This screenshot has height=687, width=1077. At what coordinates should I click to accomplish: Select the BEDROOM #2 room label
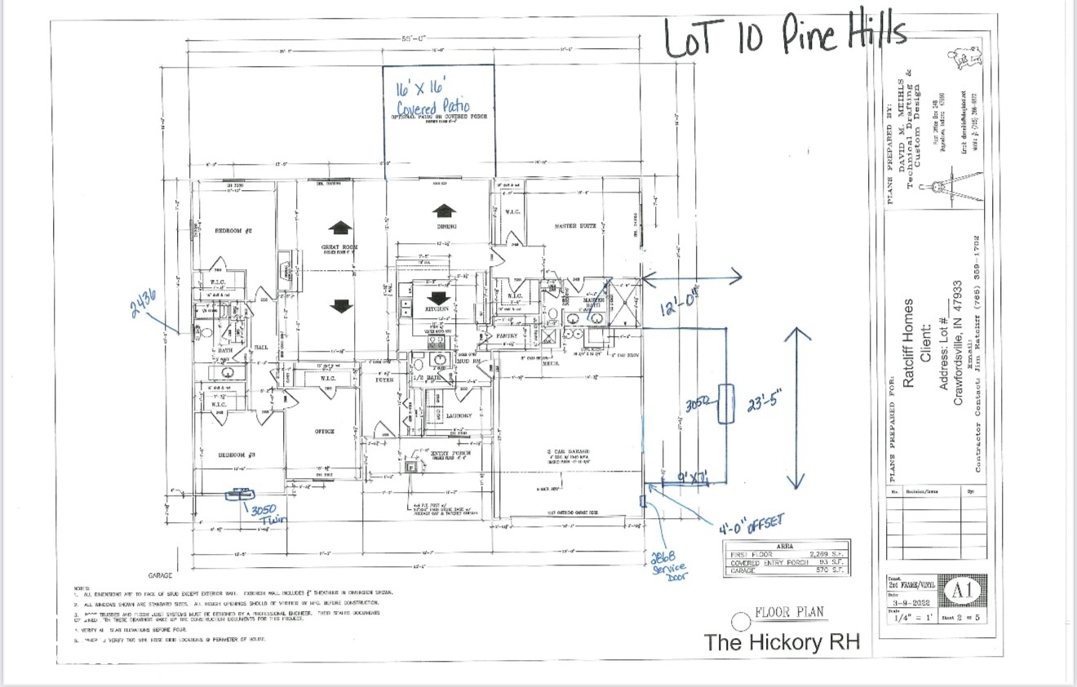click(233, 231)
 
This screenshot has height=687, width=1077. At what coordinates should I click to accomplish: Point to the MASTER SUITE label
click(577, 226)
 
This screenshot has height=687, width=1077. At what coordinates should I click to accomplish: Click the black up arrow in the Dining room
click(444, 209)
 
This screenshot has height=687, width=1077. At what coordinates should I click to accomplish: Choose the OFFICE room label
click(325, 432)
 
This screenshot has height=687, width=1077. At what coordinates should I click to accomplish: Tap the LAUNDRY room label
click(459, 415)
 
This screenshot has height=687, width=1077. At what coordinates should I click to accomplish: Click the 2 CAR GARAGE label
click(568, 452)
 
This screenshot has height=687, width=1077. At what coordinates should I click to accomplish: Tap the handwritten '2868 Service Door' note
click(668, 562)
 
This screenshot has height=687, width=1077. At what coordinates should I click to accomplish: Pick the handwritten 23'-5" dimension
click(764, 404)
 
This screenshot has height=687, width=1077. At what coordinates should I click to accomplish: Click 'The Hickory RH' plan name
click(782, 643)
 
